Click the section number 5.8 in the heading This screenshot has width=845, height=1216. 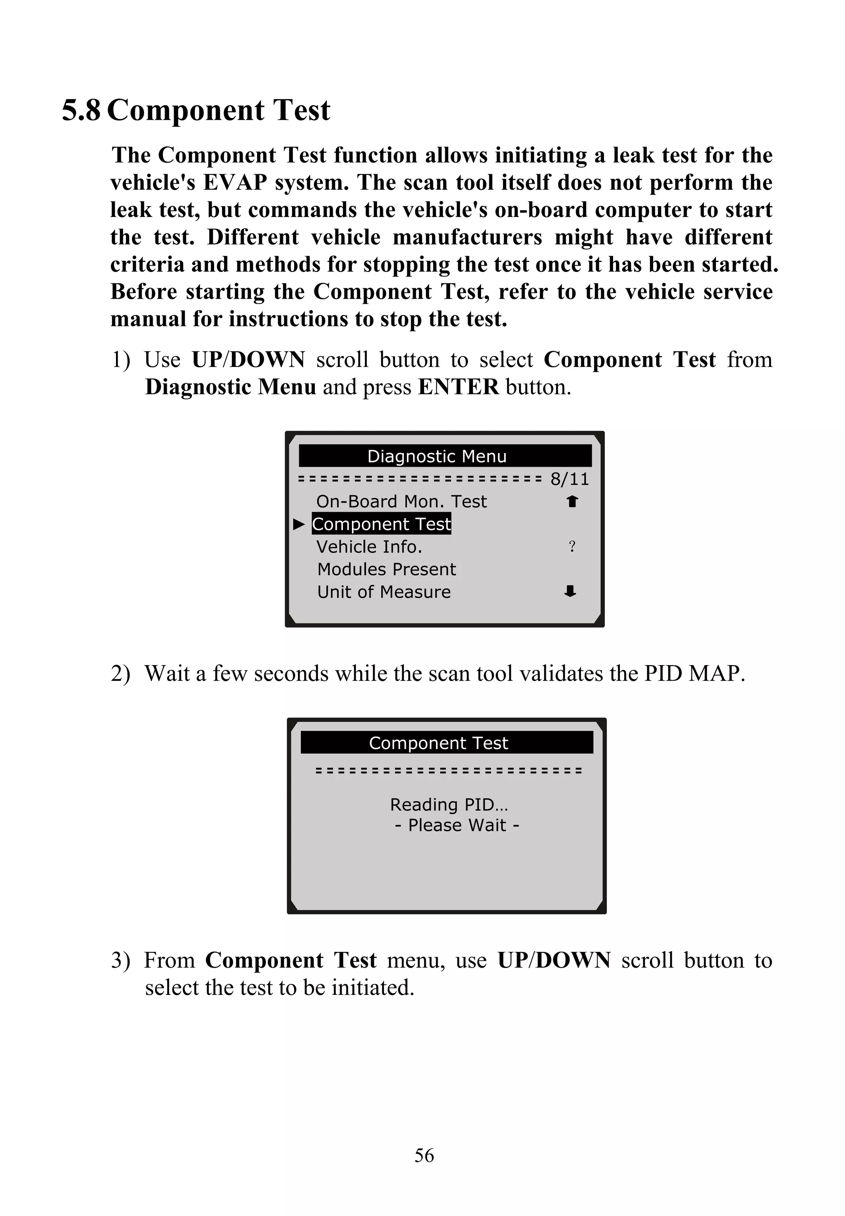tap(81, 111)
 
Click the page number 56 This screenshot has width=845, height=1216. tap(424, 1155)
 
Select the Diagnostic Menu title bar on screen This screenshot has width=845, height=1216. tap(445, 456)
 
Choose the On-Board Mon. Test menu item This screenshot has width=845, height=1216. tap(401, 501)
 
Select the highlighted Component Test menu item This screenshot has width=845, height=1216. tap(381, 524)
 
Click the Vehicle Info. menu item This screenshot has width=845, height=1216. tap(369, 547)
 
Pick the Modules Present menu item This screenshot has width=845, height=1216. tap(387, 569)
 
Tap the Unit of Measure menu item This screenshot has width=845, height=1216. tap(384, 592)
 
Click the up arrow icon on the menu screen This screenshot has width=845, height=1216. tap(572, 501)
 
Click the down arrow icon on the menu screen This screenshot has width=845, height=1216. tap(570, 591)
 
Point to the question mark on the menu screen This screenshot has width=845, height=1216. tap(572, 546)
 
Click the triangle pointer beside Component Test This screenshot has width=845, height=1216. tap(299, 524)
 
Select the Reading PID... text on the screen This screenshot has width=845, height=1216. tap(449, 805)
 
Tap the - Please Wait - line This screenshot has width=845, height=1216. tap(456, 825)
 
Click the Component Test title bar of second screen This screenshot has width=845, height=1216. tap(446, 743)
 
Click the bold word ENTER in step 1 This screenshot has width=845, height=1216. tap(458, 387)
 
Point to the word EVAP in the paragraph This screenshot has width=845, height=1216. tap(235, 183)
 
